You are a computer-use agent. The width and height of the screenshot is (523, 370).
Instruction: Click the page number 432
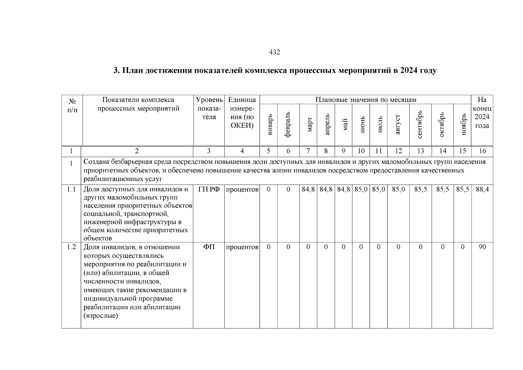pyautogui.click(x=275, y=52)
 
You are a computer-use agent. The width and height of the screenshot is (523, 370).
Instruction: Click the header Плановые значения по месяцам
pyautogui.click(x=366, y=100)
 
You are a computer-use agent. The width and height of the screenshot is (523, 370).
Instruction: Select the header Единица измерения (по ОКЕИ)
pyautogui.click(x=242, y=113)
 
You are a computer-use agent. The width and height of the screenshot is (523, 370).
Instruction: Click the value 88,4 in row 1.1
pyautogui.click(x=482, y=189)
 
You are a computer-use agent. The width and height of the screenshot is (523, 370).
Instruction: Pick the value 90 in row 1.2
pyautogui.click(x=482, y=247)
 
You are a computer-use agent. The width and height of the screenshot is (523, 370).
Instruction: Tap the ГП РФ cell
pyautogui.click(x=209, y=189)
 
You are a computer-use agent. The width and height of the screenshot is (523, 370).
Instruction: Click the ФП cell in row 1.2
pyautogui.click(x=209, y=247)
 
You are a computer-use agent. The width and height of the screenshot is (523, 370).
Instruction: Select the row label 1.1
pyautogui.click(x=71, y=189)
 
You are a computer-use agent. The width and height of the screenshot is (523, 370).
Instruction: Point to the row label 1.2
pyautogui.click(x=71, y=247)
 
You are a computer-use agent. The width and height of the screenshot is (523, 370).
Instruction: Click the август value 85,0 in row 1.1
pyautogui.click(x=398, y=189)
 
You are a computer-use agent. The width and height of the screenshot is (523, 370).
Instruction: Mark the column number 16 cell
pyautogui.click(x=482, y=151)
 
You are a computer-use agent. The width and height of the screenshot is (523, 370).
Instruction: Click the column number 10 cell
pyautogui.click(x=361, y=151)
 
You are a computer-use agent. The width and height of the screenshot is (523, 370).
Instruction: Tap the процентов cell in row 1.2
pyautogui.click(x=242, y=247)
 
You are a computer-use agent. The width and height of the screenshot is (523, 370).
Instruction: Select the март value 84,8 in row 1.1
pyautogui.click(x=308, y=189)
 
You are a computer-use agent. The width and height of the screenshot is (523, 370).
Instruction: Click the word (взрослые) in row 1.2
pyautogui.click(x=101, y=316)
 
